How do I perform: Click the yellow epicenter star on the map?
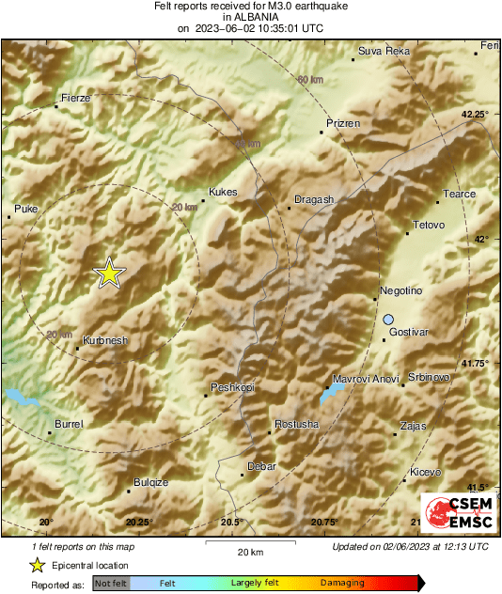tap(109, 273)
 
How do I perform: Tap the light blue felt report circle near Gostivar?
tap(388, 320)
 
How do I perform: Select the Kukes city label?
tap(223, 192)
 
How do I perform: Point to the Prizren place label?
tap(343, 123)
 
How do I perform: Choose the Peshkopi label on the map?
tap(232, 387)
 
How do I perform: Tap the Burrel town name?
tap(70, 425)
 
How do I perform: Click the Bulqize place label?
tap(150, 482)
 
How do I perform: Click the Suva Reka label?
tap(384, 51)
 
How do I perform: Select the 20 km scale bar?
tap(250, 542)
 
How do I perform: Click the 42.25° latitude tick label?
tap(475, 114)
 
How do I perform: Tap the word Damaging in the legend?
tap(342, 583)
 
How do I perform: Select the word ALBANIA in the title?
tap(250, 16)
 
